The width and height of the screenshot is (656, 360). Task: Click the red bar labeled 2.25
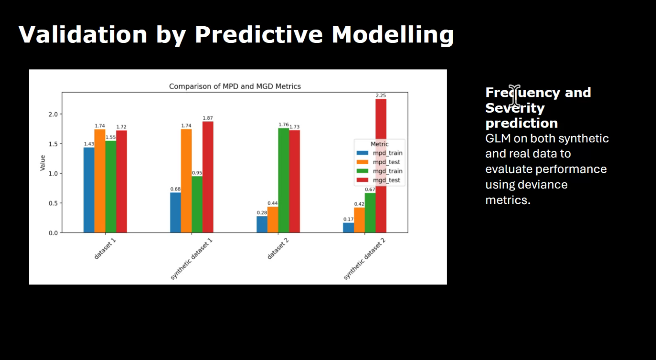[x=381, y=166]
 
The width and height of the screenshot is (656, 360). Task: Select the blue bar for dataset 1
[x=89, y=190]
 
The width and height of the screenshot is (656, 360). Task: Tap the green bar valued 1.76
[x=284, y=180]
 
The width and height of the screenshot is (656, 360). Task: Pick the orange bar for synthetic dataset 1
[x=186, y=181]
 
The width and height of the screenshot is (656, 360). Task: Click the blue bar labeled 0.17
[x=348, y=228]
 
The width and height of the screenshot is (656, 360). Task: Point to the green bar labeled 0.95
[x=197, y=204]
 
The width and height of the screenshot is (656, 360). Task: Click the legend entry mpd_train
[x=387, y=153]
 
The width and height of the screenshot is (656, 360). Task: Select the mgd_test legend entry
[x=386, y=180]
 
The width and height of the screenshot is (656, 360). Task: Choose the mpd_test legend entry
[x=386, y=162]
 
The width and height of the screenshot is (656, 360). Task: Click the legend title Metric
[x=379, y=144]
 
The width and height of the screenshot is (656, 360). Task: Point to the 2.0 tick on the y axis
[x=53, y=114]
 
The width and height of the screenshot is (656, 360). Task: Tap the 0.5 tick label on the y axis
[x=53, y=203]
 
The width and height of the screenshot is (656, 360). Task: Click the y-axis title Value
[x=43, y=163]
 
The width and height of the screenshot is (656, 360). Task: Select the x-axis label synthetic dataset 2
[x=364, y=259]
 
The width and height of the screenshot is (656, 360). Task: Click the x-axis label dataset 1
[x=105, y=249]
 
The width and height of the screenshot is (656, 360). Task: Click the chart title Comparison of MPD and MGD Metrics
[x=235, y=87]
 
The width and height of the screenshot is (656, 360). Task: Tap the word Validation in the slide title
[x=83, y=35]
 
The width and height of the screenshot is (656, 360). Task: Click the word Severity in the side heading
[x=515, y=108]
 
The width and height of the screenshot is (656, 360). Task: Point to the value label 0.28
[x=262, y=213]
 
